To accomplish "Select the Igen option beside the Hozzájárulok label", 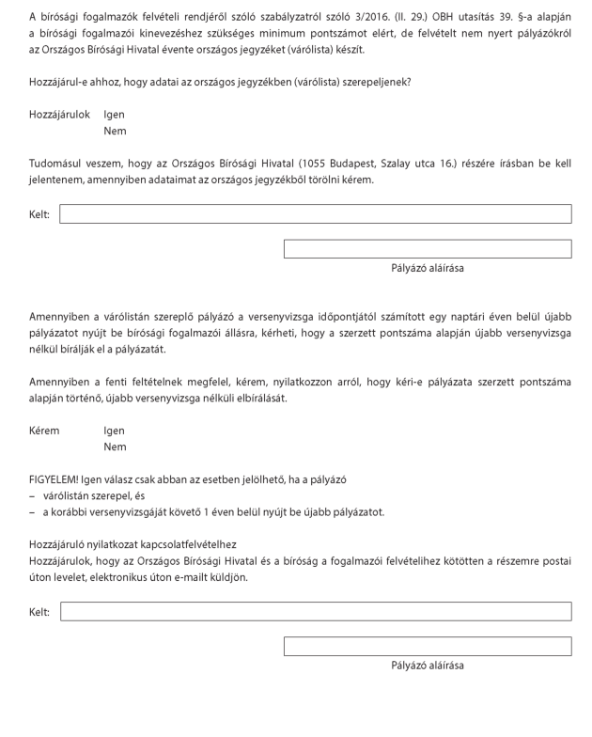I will pos(114,115).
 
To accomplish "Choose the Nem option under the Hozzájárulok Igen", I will pos(115,132).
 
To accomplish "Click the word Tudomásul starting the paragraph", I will pos(59,164).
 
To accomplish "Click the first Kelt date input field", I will pos(315,214).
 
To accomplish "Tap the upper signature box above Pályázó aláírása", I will pos(427,249).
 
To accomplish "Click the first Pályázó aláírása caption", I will pos(427,268).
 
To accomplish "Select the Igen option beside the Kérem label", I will pos(114,431).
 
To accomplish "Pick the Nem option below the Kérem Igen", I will pos(115,447).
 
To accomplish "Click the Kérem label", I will pos(44,431).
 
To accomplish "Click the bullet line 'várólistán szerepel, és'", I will pos(97,495).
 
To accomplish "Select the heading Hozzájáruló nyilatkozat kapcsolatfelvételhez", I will pos(132,544).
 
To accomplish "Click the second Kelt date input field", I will pos(315,612).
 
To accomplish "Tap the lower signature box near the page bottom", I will pos(427,647).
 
